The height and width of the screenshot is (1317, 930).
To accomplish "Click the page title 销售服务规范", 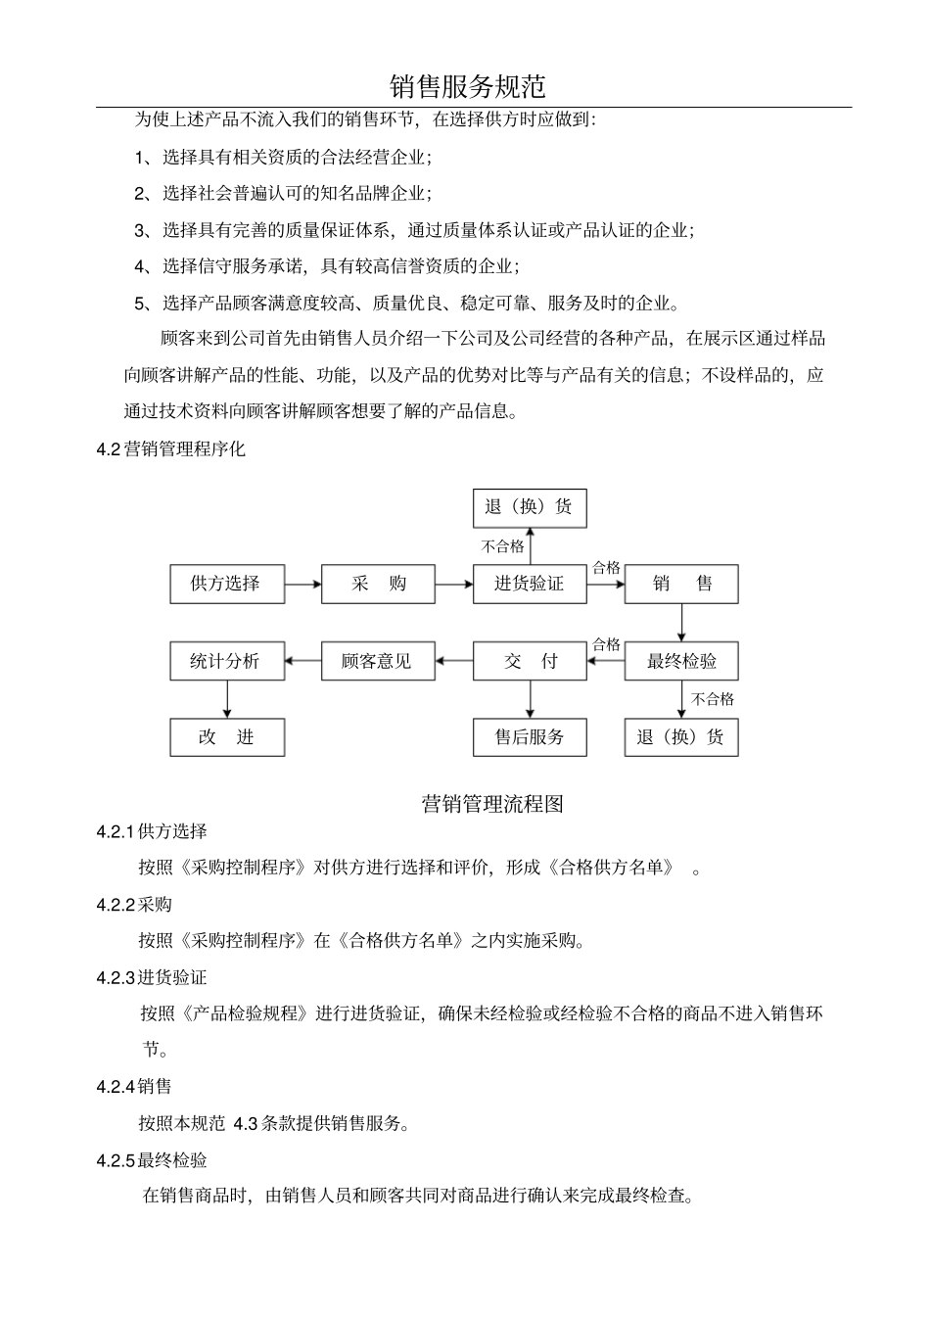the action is click(x=467, y=86).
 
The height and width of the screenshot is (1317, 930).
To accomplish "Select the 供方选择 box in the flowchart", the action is click(x=227, y=585).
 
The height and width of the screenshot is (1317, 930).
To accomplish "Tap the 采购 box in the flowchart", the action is click(x=378, y=585).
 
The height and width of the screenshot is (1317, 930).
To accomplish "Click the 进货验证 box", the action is click(x=530, y=585).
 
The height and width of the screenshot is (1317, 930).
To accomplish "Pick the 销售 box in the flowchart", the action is click(x=681, y=585).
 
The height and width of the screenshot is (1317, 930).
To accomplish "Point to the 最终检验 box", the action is click(x=681, y=661).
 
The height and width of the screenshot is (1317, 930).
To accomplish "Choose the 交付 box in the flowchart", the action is click(x=530, y=661).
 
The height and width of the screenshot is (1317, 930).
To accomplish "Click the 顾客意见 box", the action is click(x=378, y=661).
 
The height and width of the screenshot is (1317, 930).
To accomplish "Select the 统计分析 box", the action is click(x=227, y=661).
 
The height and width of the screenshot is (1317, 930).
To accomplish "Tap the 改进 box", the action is click(x=227, y=737).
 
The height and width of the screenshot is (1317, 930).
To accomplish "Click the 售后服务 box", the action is click(x=530, y=737).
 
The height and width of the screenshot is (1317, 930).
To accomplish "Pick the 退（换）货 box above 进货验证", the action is click(x=530, y=507).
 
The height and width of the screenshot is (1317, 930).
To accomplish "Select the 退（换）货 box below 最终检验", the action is click(x=681, y=737).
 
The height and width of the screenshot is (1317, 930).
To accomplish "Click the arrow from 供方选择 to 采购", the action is click(x=303, y=585).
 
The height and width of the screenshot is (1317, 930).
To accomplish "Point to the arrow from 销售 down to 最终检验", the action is click(x=682, y=623).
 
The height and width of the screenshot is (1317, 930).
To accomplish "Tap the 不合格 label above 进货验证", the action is click(x=502, y=546).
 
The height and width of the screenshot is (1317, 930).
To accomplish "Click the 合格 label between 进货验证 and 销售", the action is click(x=606, y=568).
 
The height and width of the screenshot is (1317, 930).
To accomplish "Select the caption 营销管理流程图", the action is click(x=492, y=804).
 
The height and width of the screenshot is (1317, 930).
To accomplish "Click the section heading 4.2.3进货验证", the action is click(x=152, y=977).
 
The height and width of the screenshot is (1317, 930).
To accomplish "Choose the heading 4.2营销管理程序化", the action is click(x=171, y=449).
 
